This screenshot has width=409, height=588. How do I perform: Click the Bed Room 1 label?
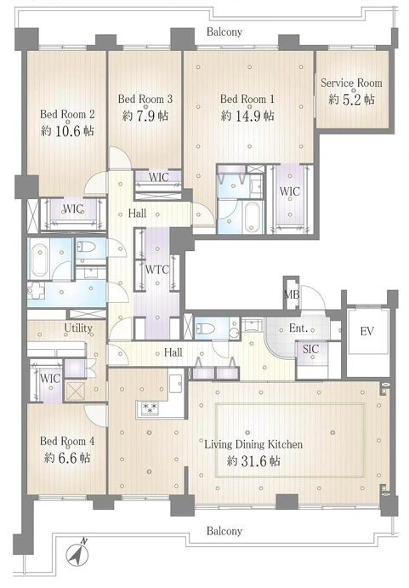coord(247,99)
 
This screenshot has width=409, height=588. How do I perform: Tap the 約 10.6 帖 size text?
coord(67,131)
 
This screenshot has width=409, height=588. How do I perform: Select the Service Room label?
coord(351,83)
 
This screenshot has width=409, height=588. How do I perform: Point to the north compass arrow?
coord(78,553)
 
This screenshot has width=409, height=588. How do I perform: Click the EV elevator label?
coord(366,331)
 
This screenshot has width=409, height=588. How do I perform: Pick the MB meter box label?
coord(292,294)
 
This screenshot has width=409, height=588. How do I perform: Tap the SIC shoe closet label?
coord(310,349)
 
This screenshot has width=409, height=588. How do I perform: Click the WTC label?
coord(157,269)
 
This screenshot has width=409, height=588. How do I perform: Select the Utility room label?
coord(78,328)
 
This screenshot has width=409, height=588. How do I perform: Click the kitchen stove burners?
coord(150,408)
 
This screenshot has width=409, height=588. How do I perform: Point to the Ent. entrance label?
coord(298,328)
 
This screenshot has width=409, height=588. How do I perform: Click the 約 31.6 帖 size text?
coord(253,461)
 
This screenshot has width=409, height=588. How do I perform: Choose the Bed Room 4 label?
coord(67,441)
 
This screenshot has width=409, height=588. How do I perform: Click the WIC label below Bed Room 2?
coord(73,208)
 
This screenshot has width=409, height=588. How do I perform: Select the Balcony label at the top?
coord(224,31)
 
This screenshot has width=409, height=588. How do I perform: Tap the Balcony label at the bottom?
coord(224,531)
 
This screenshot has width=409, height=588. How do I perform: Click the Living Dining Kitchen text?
coord(253,445)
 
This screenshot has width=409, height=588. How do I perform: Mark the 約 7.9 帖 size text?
coord(145,116)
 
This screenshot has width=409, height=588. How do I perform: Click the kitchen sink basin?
coord(175,384)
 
